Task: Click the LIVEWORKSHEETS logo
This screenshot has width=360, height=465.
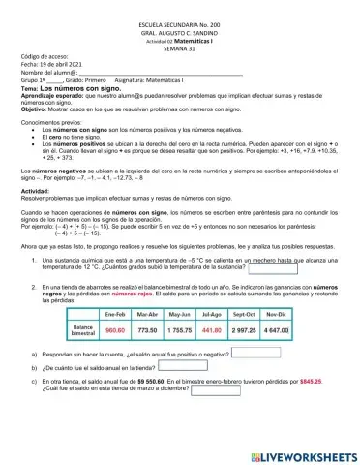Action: tap(303, 455)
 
